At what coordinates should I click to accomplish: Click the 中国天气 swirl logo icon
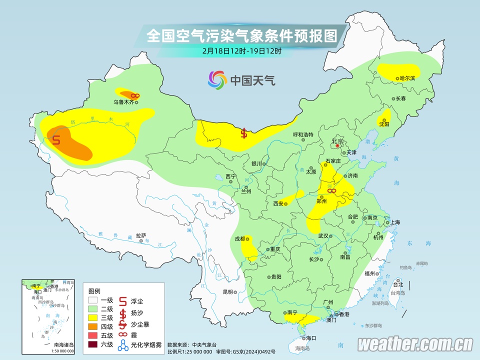pos(217,79)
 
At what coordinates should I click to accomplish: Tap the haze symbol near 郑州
pos(331,190)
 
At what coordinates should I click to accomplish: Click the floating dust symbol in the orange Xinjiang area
pos(56,140)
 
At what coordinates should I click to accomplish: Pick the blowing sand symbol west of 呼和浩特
pos(244,133)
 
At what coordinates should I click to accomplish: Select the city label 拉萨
pos(141,235)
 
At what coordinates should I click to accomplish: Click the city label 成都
pos(239,238)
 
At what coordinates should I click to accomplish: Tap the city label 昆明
pos(228,292)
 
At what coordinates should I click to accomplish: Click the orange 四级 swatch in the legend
pos(93,326)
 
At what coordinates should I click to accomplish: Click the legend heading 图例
pos(94,291)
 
